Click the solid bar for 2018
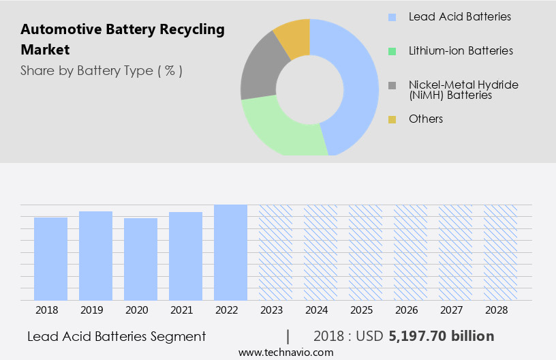pyautogui.click(x=51, y=258)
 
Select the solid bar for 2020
pyautogui.click(x=141, y=259)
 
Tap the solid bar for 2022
pyautogui.click(x=231, y=252)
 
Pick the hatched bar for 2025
pyautogui.click(x=366, y=252)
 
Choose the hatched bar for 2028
pyautogui.click(x=501, y=252)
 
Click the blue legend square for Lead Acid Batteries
pyautogui.click(x=392, y=16)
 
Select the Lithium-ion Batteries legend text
pyautogui.click(x=461, y=50)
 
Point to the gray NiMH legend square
pyautogui.click(x=392, y=85)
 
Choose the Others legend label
pyautogui.click(x=426, y=119)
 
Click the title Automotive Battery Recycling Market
pyautogui.click(x=123, y=40)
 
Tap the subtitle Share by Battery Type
pyautogui.click(x=102, y=71)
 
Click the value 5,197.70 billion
pyautogui.click(x=442, y=336)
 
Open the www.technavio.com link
pyautogui.click(x=285, y=352)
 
